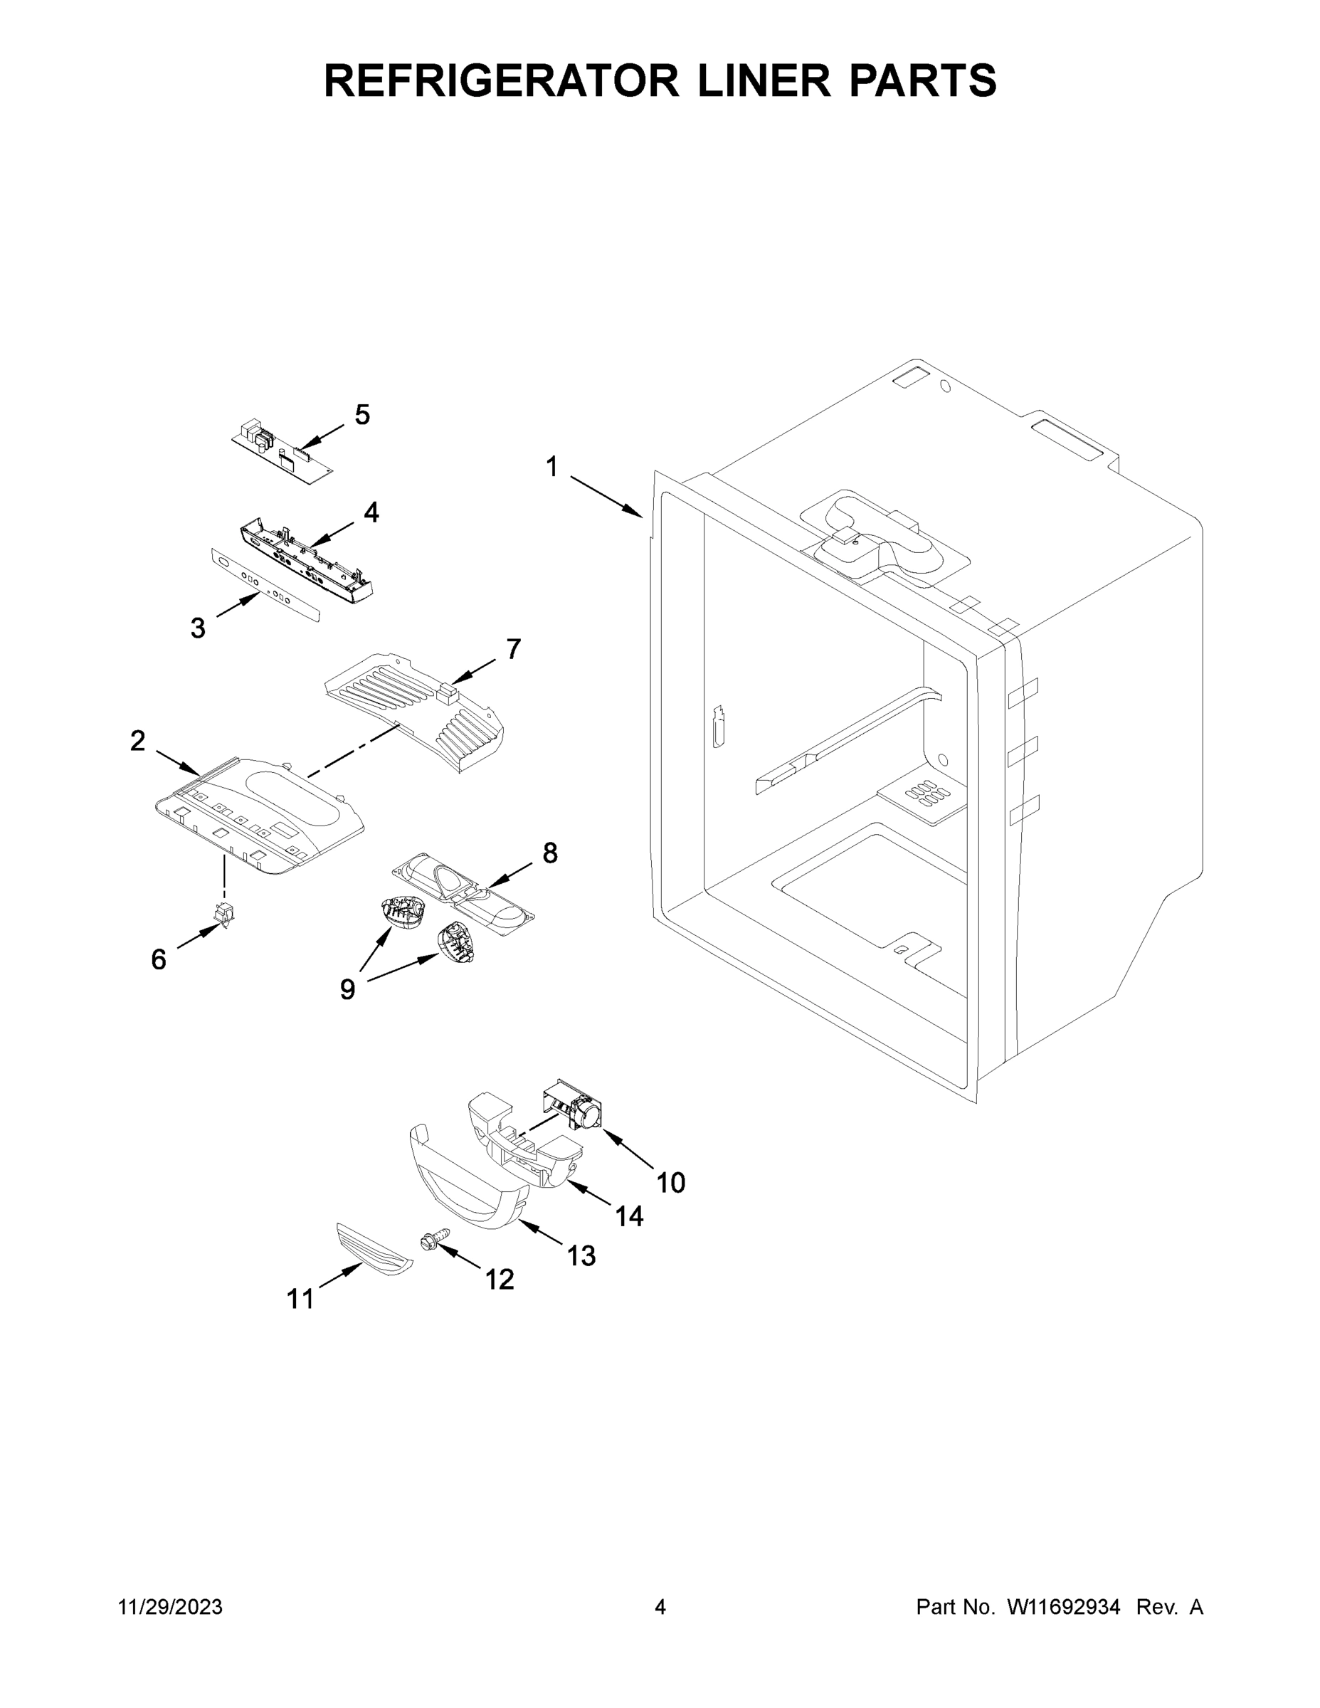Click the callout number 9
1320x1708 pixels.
347,989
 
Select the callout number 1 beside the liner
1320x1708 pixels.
552,467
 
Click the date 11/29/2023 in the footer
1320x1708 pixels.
171,1607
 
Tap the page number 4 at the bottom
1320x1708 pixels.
660,1607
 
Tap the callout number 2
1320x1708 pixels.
137,741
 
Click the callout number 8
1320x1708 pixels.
550,853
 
